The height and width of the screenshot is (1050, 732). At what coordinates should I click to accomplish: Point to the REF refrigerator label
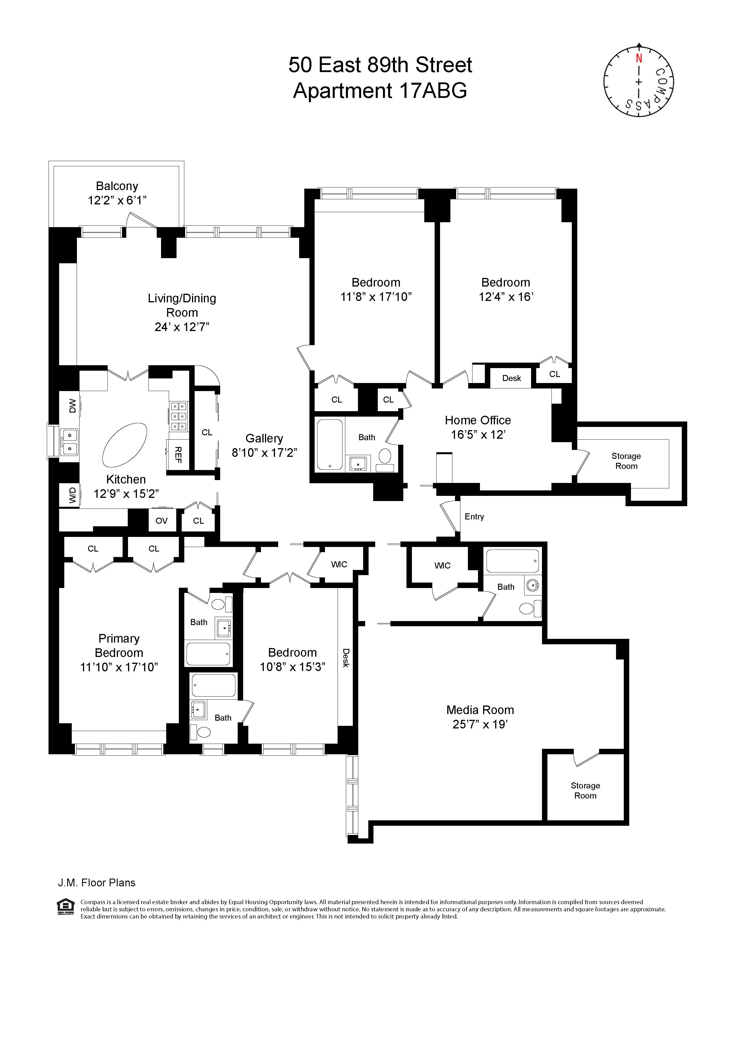(178, 455)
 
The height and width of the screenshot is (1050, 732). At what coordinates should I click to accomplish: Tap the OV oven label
(161, 521)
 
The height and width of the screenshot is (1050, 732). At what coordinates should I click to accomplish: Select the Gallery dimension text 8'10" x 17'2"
(264, 453)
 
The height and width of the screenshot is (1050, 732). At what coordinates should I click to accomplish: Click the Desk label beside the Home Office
(511, 378)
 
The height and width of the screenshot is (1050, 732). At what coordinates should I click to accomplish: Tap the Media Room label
(480, 710)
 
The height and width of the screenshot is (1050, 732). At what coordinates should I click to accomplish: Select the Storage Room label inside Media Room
(585, 790)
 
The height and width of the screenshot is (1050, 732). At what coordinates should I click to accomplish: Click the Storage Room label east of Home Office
(626, 461)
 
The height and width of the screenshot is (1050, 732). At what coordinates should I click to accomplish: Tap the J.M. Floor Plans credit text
(96, 883)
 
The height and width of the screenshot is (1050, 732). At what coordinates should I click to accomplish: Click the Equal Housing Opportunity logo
(65, 906)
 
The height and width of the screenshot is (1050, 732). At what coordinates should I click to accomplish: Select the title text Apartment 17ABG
(380, 90)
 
